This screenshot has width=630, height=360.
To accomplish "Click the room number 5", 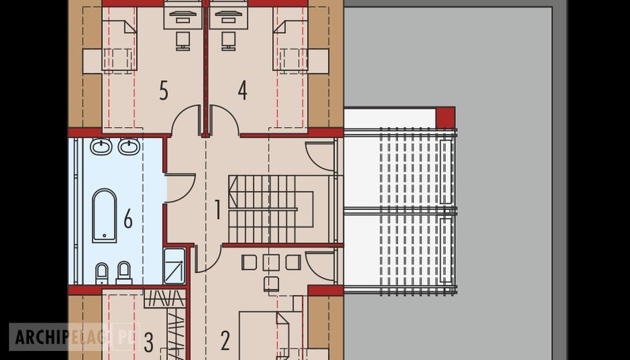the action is (164, 91).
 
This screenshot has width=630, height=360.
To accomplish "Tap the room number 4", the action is (242, 91).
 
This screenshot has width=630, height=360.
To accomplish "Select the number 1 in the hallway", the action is (218, 210).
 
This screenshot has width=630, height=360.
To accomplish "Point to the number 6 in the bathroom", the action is (128, 219).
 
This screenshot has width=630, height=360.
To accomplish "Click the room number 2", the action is (225, 341).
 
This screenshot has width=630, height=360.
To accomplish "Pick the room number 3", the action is (149, 343).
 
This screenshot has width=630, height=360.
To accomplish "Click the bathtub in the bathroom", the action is (104, 216).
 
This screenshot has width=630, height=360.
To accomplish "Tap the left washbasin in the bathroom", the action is (101, 146).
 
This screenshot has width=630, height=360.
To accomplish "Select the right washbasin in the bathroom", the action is (129, 146).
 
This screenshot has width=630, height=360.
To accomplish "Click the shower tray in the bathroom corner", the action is (175, 266).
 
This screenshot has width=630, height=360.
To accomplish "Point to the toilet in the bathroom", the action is (102, 273).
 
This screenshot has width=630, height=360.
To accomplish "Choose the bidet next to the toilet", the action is (124, 273).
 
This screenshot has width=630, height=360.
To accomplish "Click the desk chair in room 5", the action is (183, 41).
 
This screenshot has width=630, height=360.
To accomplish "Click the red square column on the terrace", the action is (446, 117).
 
